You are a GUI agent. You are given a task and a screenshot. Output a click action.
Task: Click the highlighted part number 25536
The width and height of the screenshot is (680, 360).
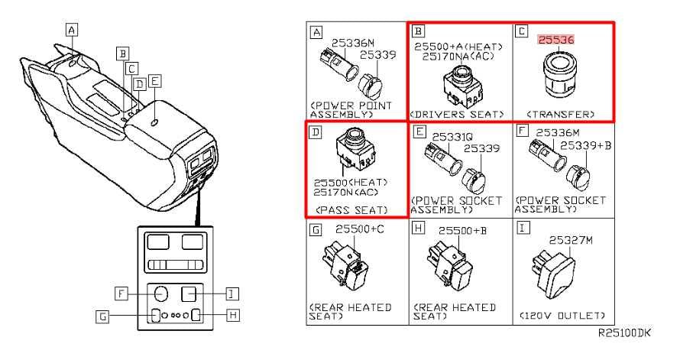click(x=556, y=40)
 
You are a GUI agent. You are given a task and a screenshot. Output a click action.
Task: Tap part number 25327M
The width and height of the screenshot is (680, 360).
click(x=571, y=240)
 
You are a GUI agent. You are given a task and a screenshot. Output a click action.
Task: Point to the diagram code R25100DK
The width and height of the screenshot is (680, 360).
click(x=624, y=332)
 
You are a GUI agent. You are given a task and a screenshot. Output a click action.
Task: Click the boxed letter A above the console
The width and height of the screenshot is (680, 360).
click(x=72, y=30)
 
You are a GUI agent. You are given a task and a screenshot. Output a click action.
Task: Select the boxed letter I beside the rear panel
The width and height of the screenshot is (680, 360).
click(x=232, y=294)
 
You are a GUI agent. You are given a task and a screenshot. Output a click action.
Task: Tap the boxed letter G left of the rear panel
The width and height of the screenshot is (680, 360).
click(x=102, y=316)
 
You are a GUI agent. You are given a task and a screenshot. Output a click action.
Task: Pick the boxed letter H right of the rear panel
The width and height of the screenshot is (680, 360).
click(x=233, y=315)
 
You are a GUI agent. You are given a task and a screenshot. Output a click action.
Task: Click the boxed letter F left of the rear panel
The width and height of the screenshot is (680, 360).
click(x=121, y=294)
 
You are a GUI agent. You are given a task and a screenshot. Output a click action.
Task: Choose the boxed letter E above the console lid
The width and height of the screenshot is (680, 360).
click(x=154, y=81)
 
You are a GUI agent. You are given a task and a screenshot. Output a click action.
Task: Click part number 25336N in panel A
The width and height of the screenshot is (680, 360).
click(x=352, y=43)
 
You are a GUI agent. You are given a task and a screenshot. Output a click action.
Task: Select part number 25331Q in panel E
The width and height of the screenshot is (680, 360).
click(x=452, y=137)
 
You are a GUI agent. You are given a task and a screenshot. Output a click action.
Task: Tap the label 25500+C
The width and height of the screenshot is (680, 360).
click(x=360, y=229)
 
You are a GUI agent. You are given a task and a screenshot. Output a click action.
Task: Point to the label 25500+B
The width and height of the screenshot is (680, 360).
click(x=462, y=230)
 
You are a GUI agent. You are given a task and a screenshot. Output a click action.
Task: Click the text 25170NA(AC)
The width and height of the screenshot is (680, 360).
click(x=458, y=57)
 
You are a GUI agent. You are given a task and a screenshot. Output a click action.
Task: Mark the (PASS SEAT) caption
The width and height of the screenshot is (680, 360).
click(x=351, y=210)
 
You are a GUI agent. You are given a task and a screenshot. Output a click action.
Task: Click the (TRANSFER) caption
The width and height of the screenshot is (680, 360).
click(x=560, y=115)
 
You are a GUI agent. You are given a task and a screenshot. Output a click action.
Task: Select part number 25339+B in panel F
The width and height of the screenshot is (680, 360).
click(x=585, y=145)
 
